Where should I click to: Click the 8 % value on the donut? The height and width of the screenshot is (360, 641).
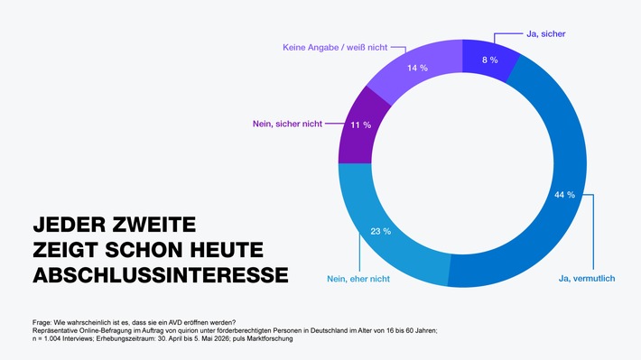(x=489, y=60)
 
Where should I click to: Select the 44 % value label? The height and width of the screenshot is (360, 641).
(x=564, y=195)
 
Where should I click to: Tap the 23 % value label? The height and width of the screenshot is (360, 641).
(x=381, y=231)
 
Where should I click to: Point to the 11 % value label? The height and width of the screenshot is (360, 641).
(x=360, y=125)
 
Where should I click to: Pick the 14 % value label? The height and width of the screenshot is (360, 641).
(x=417, y=68)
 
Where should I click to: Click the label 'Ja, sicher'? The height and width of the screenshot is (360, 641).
(x=545, y=34)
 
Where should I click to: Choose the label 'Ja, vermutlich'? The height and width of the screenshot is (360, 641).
(x=587, y=279)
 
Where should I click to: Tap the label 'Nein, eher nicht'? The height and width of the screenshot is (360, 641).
(x=358, y=279)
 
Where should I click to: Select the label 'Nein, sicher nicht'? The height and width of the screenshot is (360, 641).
(x=287, y=124)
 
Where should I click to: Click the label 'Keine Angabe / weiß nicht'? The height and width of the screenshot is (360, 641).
(x=335, y=48)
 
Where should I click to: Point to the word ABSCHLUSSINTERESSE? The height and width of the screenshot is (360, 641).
(x=161, y=274)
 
